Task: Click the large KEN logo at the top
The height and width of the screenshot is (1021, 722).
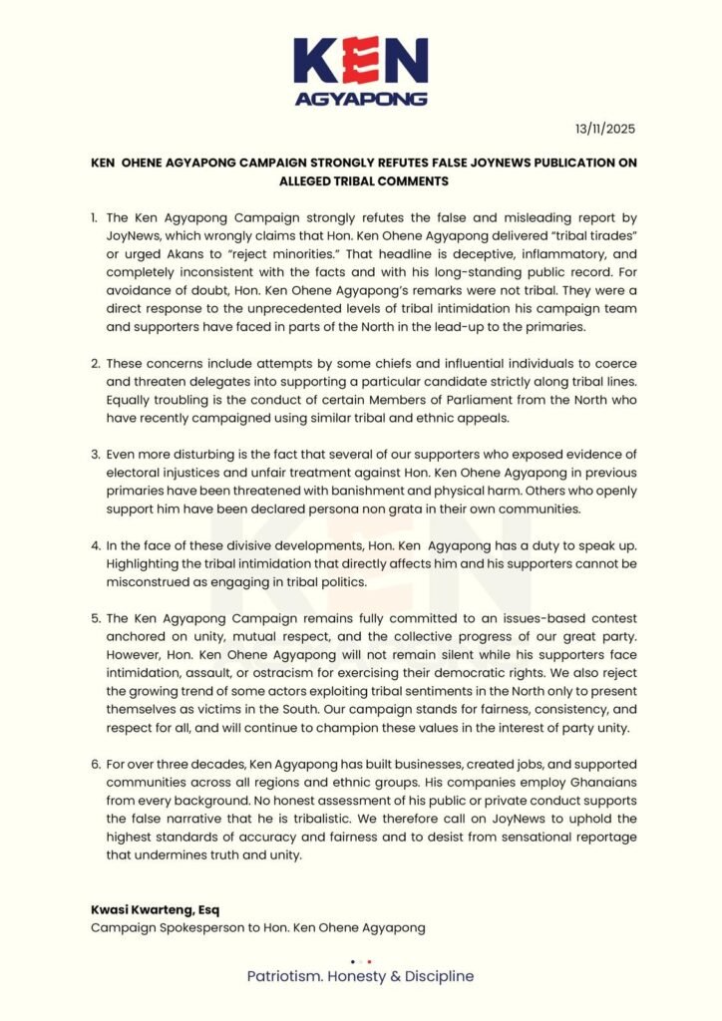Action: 361,62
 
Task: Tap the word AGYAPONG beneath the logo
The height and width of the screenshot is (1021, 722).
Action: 361,99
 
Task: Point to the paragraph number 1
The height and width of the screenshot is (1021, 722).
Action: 91,216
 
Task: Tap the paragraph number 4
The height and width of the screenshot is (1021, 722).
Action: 91,545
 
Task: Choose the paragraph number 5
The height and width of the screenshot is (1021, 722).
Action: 91,619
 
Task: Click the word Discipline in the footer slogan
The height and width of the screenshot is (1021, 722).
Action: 439,976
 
